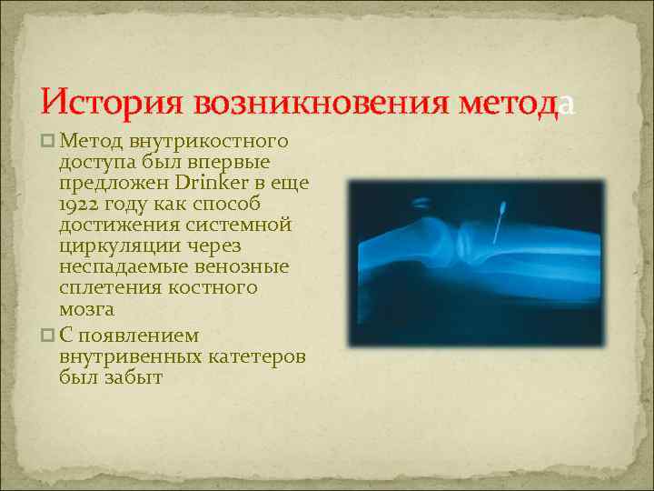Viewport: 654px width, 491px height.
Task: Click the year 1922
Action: tap(81, 205)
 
